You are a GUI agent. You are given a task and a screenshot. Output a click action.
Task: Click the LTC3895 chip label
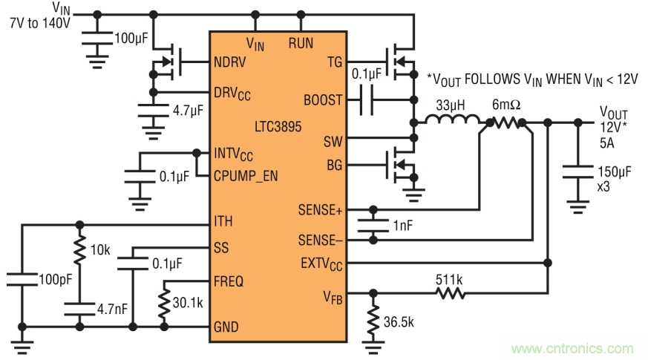pos(277,127)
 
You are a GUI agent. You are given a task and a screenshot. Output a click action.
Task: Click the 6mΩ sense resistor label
pos(505,105)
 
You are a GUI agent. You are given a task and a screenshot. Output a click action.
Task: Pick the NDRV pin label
pos(231,62)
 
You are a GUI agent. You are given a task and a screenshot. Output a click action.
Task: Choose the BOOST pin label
pos(323,99)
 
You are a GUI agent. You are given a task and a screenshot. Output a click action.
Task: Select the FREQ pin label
pos(229,281)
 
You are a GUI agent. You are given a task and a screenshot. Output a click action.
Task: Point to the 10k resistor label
pos(98,250)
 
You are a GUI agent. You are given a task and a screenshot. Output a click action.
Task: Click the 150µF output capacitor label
pos(615,173)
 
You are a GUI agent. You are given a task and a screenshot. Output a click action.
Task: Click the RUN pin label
pos(301,44)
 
